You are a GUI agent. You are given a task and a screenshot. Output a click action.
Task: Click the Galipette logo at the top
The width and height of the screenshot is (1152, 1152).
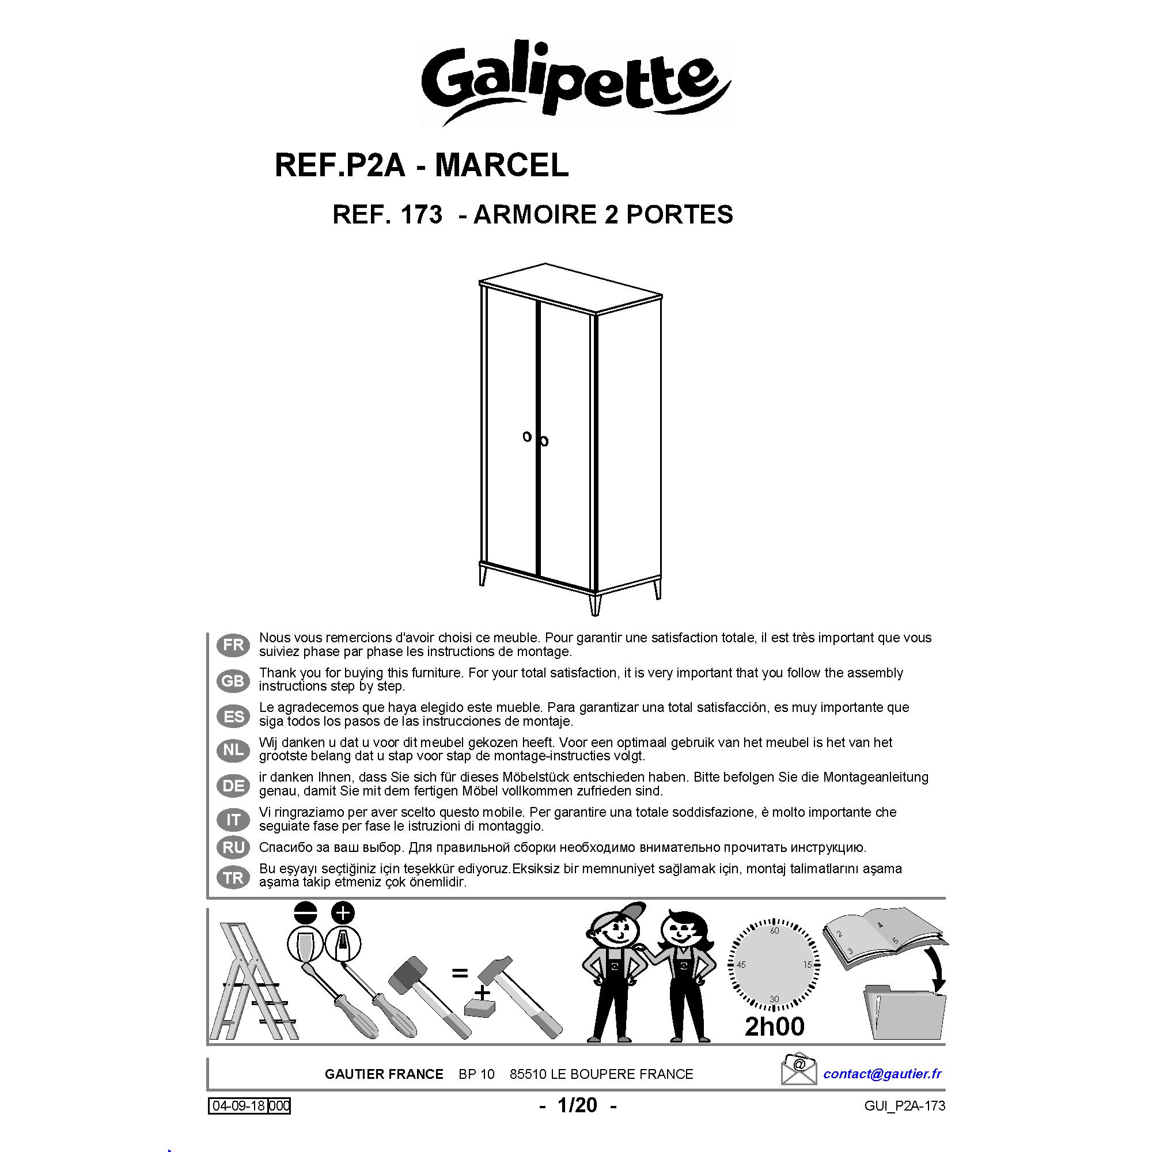[576, 84]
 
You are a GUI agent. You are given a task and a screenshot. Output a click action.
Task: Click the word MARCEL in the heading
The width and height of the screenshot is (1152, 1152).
[502, 165]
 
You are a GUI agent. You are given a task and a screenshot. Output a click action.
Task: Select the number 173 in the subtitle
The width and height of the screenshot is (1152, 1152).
[422, 215]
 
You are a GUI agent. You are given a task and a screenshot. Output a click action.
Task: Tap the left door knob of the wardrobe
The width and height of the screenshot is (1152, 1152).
[527, 437]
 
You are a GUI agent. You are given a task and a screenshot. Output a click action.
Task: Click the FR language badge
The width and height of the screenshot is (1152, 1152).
[234, 645]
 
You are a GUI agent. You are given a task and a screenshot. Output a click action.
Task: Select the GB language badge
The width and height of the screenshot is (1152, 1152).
[234, 680]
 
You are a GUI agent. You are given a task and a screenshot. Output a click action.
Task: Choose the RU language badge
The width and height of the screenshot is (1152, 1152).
[234, 847]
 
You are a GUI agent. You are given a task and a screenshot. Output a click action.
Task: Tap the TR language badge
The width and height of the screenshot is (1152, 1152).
[234, 878]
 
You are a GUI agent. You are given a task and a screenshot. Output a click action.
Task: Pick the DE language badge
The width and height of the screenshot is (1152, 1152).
[234, 785]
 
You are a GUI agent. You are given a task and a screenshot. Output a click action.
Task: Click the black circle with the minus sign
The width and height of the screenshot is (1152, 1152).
[306, 913]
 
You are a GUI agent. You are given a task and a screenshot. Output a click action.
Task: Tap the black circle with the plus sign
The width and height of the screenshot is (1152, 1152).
[343, 913]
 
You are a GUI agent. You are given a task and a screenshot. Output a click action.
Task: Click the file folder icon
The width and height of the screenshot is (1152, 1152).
[904, 1014]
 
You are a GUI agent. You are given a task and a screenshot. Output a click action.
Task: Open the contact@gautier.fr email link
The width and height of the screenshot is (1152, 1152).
[882, 1073]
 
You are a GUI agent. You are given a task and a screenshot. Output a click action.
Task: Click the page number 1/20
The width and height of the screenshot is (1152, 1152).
[577, 1105]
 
